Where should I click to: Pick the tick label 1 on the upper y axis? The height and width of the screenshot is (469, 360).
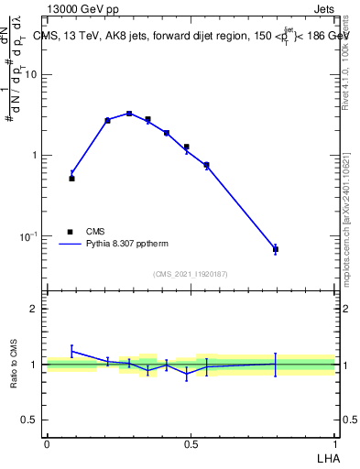36,155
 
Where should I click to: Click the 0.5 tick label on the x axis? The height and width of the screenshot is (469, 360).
191,443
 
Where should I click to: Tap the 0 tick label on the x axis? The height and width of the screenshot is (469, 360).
47,443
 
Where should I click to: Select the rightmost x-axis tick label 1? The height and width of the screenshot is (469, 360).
335,443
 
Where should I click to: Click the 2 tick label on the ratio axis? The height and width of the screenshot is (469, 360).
36,309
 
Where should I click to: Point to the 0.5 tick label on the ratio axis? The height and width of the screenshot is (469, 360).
31,420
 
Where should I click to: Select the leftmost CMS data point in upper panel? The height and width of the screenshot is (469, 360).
71,179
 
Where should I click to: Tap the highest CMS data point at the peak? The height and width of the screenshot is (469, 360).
129,114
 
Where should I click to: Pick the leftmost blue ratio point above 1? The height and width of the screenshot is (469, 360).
71,351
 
